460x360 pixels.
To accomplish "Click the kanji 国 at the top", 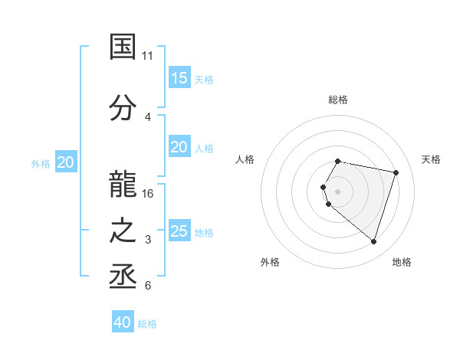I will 123,47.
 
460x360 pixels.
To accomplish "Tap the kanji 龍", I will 123,183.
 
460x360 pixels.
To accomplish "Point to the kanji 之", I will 123,231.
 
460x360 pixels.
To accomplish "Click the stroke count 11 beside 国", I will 147,56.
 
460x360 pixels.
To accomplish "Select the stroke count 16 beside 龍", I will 148,193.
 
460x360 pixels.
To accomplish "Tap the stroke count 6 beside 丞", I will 147,286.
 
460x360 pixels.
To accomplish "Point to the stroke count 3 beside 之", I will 147,240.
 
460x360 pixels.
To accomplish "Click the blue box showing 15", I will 179,78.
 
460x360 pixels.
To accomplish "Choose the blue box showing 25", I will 179,231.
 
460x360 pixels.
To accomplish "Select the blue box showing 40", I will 123,322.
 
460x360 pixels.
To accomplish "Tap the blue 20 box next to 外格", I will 66,162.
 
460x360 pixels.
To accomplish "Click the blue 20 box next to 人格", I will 179,147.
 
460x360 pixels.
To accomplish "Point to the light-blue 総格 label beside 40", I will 147,324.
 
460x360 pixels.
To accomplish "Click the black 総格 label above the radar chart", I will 338,100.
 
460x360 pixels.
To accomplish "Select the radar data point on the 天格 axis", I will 396,172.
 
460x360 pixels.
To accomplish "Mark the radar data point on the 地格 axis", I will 373,242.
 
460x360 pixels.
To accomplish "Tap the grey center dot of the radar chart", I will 337,191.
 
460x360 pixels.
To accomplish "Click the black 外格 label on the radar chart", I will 270,262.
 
